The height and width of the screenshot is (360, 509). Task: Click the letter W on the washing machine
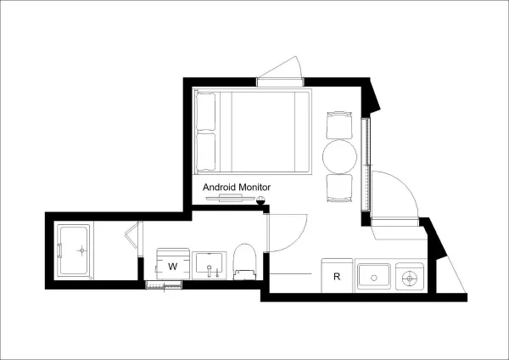pos(173,267)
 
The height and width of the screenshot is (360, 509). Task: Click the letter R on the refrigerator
pos(337,277)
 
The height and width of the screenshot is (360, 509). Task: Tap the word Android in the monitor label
pos(220,187)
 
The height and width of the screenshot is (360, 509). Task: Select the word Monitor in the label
pos(255,187)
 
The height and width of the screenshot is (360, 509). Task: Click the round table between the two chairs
pos(338,156)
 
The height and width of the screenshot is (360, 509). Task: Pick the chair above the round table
pos(339,125)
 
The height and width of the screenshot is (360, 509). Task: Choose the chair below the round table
pos(339,188)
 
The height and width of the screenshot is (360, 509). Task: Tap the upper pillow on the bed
pos(206,110)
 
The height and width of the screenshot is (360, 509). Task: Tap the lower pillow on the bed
pos(206,151)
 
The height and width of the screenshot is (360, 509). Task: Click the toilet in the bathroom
pos(245,262)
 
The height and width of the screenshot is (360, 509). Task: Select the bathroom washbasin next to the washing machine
pos(210,265)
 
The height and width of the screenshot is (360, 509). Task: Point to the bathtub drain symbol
pos(81,250)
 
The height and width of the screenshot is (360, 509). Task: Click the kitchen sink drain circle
pos(374,278)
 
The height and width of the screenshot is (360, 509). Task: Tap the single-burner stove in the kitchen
pos(410,277)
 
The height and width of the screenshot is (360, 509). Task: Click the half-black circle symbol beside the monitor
pos(260,200)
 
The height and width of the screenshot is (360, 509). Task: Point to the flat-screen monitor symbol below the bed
pos(230,198)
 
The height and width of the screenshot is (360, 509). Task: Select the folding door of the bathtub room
pos(134,234)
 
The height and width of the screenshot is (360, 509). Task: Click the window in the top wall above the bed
pos(281,82)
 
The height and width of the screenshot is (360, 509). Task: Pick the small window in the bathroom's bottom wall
pos(164,285)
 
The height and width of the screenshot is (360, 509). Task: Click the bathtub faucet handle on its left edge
pos(59,250)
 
